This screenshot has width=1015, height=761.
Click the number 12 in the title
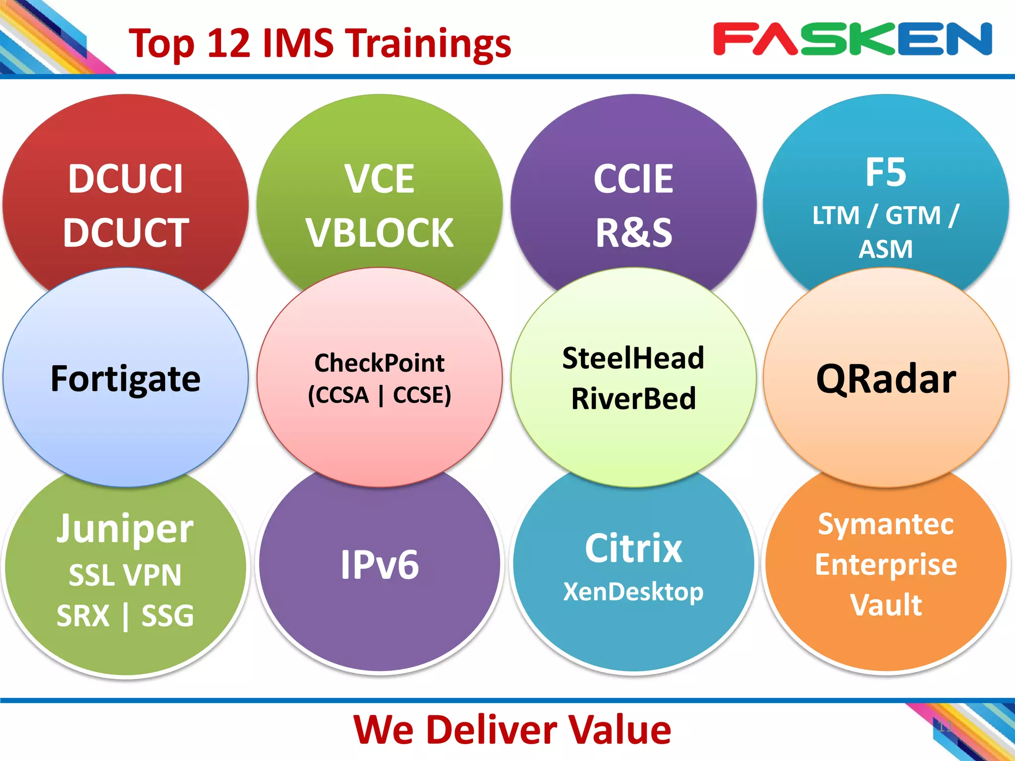pos(228,43)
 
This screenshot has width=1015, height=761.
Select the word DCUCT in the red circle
pos(126,232)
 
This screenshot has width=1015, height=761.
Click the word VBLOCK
pos(380,233)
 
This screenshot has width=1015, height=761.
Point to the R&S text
pos(633,232)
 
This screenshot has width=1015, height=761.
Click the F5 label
pos(886,172)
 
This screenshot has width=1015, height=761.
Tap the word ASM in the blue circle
pos(886,249)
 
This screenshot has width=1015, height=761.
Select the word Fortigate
pos(125,379)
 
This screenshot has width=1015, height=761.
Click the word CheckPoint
pos(380,363)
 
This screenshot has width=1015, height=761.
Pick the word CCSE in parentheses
pos(422,395)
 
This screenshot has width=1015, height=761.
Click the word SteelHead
pos(633,358)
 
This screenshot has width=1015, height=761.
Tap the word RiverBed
pos(633,398)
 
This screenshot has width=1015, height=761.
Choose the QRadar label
pos(886,379)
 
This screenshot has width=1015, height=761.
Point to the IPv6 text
pos(380,564)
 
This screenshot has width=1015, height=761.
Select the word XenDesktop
pos(633,592)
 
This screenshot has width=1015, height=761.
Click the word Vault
pos(886,604)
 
